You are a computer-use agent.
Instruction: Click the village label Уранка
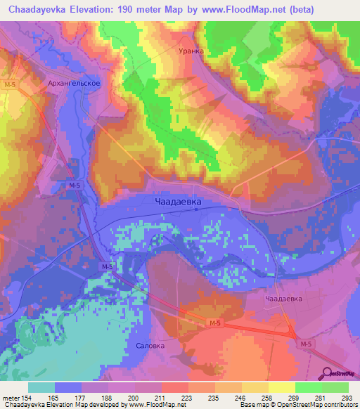coord(190,51)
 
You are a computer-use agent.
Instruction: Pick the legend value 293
coord(347,398)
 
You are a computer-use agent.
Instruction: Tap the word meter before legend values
coord(10,398)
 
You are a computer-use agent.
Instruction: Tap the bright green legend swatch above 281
coord(308,387)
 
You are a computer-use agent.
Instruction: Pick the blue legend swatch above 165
coord(68,387)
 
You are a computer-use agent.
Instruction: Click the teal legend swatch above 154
coord(41,387)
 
